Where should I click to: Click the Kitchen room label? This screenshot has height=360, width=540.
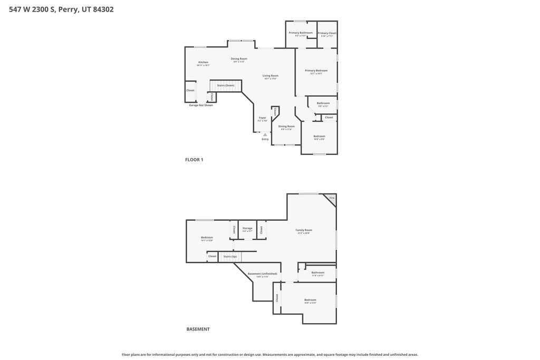coord(203,62)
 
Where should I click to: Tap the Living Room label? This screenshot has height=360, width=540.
coord(271,75)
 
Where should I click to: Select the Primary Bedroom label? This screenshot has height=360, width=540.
coord(316,70)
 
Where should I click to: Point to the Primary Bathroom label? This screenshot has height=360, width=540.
coord(301,33)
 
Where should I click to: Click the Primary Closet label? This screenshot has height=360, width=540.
coord(327,33)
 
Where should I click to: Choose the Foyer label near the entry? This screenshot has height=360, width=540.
coord(262,118)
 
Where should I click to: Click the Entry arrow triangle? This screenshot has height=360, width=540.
coord(265,134)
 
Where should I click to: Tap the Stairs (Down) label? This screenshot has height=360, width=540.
coord(226,85)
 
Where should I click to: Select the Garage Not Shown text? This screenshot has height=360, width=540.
coord(201,105)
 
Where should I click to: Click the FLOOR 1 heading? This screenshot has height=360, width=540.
coord(194,160)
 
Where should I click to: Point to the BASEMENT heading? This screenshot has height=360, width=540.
coord(198,329)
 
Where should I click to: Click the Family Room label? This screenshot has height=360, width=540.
coord(303,230)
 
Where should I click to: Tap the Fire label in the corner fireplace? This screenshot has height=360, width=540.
coord(331,198)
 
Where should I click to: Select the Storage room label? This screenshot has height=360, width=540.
coord(247,228)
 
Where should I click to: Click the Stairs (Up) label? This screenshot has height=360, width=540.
coord(230,256)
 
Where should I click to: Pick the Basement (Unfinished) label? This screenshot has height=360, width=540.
coord(262,274)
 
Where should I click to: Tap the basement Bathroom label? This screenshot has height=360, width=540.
coord(317,273)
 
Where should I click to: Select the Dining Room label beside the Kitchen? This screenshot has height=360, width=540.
coord(239,59)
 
